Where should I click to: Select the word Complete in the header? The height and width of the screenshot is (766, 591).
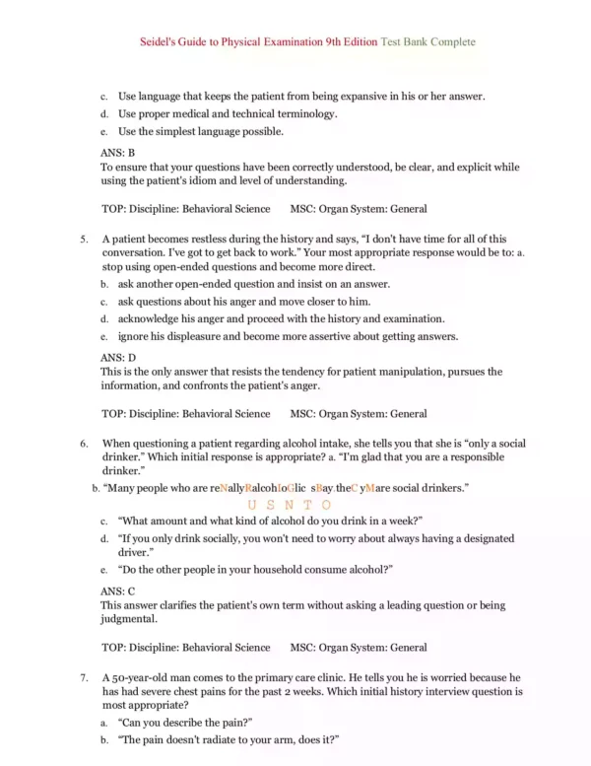[448, 42]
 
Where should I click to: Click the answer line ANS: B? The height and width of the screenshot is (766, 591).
[118, 153]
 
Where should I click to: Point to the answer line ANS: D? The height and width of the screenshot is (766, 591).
[118, 357]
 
